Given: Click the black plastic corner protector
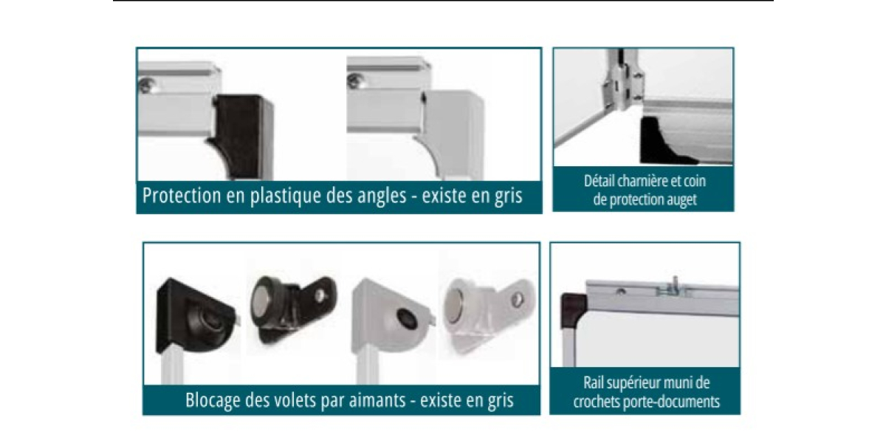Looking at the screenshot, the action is (x=241, y=137).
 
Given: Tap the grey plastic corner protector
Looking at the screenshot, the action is (x=451, y=134).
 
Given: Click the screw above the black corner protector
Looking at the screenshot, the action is (x=147, y=85).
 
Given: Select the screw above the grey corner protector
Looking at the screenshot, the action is (x=355, y=80).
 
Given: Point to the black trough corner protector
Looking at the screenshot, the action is (x=664, y=140).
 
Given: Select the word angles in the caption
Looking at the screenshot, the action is (x=382, y=196).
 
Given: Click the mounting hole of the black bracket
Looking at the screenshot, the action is (x=320, y=295).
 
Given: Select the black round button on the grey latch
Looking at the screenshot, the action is (x=408, y=319).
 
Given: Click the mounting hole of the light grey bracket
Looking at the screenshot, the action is (x=517, y=300).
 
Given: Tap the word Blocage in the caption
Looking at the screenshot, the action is (x=213, y=400).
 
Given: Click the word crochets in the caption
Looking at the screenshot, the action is (x=597, y=402).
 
